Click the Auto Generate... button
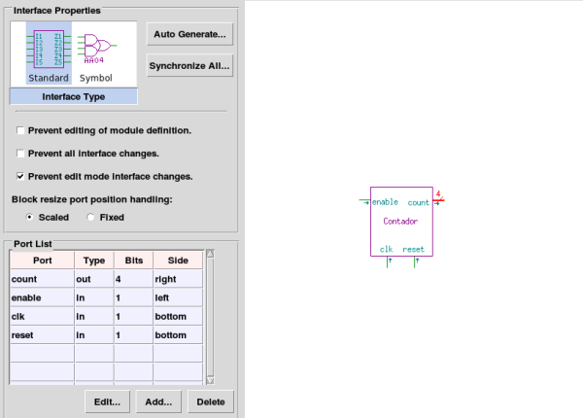[x=189, y=34]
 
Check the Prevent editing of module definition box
[x=20, y=130]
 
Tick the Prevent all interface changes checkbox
[x=20, y=154]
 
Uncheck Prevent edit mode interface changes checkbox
[x=20, y=176]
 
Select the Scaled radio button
[x=29, y=217]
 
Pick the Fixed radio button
[x=90, y=217]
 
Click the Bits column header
[x=134, y=261]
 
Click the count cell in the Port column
[x=42, y=279]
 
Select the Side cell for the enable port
[x=178, y=297]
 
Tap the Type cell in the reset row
[x=94, y=335]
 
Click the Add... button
[x=158, y=402]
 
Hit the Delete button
[x=211, y=402]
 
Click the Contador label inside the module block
[x=400, y=222]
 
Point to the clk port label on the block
[x=387, y=249]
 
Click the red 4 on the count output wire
[x=438, y=193]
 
